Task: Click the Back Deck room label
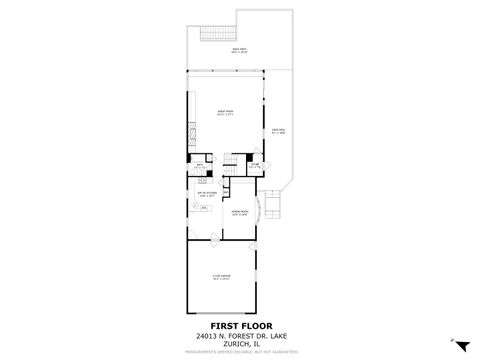(x=240, y=49)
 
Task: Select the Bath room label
(x=199, y=166)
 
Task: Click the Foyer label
(x=255, y=166)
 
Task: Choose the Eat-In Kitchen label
(x=207, y=195)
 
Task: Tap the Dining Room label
(x=240, y=212)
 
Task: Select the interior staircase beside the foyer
(x=231, y=170)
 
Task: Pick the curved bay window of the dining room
(x=262, y=212)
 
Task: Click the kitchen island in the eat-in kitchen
(x=204, y=207)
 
